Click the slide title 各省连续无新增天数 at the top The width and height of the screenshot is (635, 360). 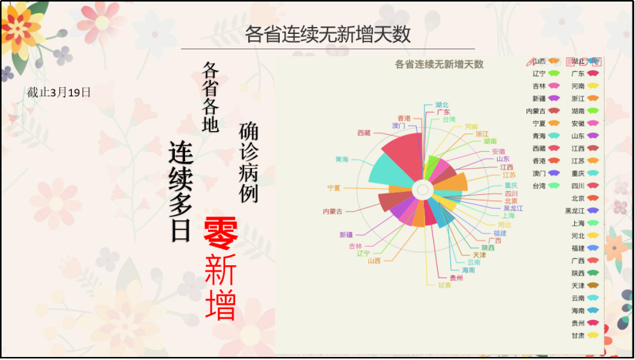328,34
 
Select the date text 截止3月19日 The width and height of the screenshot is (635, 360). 59,93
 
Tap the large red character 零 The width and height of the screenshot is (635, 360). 220,234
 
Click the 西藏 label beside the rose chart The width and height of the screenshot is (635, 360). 364,133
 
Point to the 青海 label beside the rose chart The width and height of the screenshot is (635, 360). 341,160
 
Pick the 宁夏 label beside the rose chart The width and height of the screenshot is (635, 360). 334,188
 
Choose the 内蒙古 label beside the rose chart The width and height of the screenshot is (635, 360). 333,211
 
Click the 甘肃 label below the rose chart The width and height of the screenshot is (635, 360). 445,285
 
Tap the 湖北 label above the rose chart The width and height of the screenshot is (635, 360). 442,105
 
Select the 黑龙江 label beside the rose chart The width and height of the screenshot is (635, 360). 512,208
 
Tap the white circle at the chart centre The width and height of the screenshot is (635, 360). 422,189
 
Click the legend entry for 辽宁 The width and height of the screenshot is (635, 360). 546,74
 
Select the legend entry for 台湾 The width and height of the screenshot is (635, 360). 546,186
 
